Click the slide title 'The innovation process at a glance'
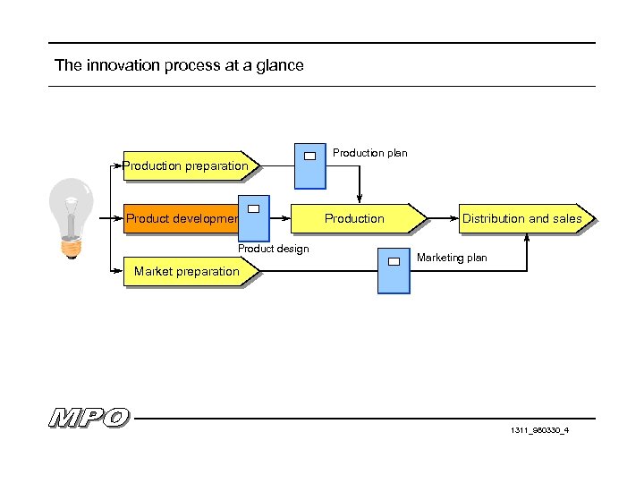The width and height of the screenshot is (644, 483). (x=179, y=65)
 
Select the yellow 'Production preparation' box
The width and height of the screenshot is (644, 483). (x=186, y=165)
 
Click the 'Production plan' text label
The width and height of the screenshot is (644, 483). (x=369, y=153)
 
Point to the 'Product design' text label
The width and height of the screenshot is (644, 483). (x=273, y=249)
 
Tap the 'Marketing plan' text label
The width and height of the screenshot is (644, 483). (x=452, y=258)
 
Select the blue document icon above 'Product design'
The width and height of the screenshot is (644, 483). (x=253, y=218)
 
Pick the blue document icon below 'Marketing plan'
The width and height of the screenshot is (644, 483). (x=393, y=272)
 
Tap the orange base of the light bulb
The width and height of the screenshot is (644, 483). (x=72, y=245)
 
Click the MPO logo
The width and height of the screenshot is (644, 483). (x=89, y=418)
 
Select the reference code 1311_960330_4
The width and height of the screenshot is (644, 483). (x=540, y=430)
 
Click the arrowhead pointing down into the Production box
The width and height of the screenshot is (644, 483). (x=360, y=199)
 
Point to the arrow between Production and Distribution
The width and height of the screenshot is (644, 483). (x=442, y=218)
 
